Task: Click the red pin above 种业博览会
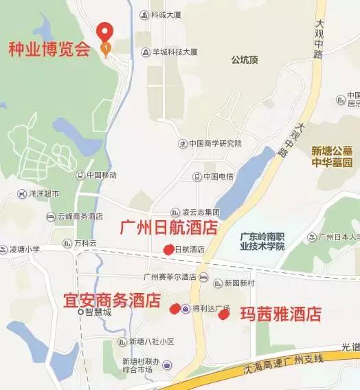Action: tap(104, 32)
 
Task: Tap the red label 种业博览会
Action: tap(49, 50)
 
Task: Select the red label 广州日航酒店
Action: tap(168, 228)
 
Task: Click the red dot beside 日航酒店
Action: tap(168, 250)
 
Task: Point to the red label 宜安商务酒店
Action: tap(111, 301)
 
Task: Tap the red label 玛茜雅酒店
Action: tap(280, 314)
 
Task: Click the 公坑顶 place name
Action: tap(245, 59)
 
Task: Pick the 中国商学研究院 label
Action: tap(214, 144)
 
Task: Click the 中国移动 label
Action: tap(101, 175)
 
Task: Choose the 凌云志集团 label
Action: tap(199, 213)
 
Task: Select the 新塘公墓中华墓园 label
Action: tap(331, 157)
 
